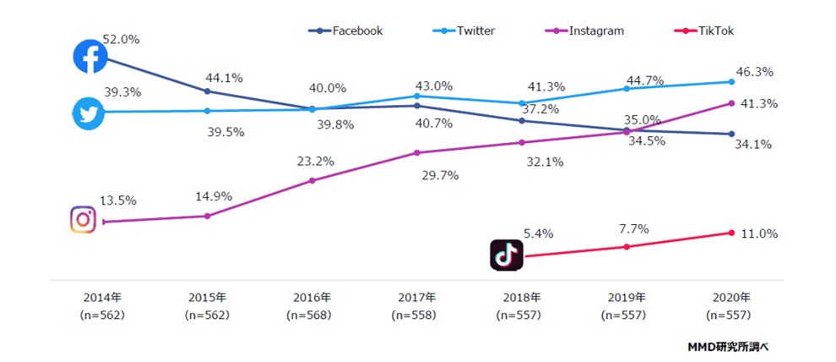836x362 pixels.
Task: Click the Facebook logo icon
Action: click(90, 57)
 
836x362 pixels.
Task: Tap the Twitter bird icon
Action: click(88, 113)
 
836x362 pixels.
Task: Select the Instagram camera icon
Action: click(84, 219)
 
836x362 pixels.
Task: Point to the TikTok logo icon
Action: click(507, 255)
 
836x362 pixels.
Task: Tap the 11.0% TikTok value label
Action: click(758, 233)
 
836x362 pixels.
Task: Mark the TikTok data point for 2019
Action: click(627, 246)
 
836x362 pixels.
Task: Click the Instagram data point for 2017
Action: click(417, 152)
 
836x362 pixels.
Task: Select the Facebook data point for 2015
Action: click(207, 90)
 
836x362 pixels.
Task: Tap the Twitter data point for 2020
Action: click(731, 82)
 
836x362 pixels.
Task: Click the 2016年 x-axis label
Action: click(312, 298)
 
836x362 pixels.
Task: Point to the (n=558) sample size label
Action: click(417, 315)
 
